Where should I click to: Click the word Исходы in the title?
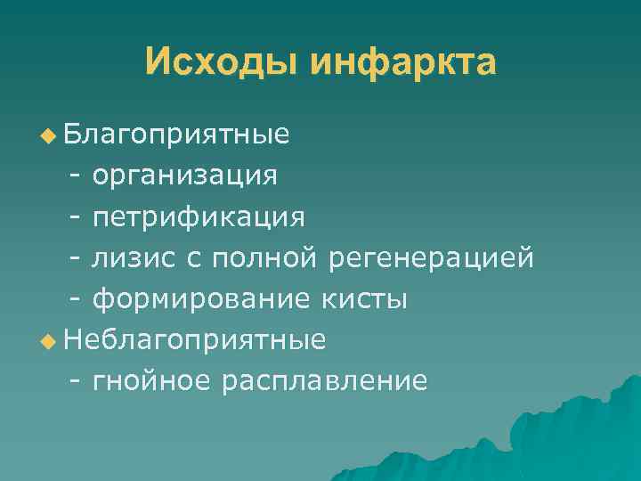coord(221,64)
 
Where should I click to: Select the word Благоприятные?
coord(176,135)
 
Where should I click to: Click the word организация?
coord(184,175)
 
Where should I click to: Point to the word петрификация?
coord(199,216)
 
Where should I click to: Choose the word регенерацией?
coord(432,257)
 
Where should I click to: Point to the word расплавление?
coord(325,381)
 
